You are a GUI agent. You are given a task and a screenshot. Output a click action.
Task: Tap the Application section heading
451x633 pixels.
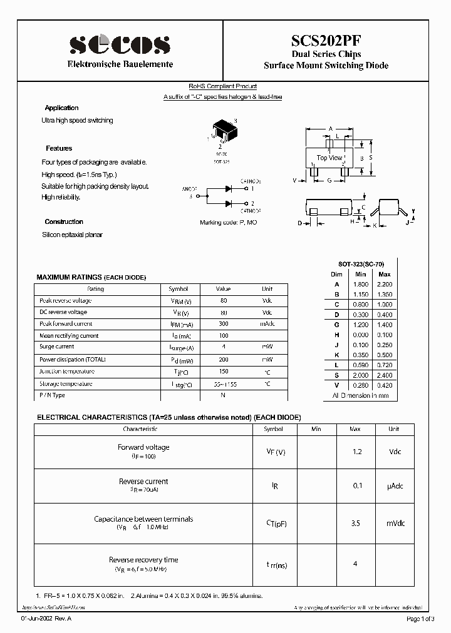coord(61,108)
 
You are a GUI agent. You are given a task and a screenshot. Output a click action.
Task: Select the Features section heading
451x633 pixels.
coord(59,148)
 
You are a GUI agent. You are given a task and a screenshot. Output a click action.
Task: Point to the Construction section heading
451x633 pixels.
coord(64,222)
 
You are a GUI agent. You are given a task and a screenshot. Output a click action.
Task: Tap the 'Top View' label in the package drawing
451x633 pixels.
coord(329,158)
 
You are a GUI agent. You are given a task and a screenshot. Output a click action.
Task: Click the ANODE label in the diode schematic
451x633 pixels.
coord(189,189)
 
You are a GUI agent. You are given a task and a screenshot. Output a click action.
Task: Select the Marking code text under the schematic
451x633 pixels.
coord(228,223)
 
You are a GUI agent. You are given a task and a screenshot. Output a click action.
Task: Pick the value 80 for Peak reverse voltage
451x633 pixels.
coord(223,301)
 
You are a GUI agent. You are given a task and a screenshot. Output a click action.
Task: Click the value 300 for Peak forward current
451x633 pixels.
coord(223,324)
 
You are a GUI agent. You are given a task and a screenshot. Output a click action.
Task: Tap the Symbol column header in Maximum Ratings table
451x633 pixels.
coord(179,289)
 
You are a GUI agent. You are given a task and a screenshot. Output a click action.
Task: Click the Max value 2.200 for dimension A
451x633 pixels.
coord(385,284)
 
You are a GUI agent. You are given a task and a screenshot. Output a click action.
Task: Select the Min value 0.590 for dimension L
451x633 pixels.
coord(360,365)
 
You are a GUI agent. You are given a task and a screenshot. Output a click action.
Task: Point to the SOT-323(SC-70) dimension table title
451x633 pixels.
coord(360,265)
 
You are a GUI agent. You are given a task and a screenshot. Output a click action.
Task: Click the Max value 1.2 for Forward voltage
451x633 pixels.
coord(355,451)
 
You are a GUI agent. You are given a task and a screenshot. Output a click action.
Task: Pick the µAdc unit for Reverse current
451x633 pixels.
coord(394,485)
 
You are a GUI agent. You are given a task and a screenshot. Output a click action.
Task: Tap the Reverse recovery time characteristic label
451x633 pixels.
coord(143,560)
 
